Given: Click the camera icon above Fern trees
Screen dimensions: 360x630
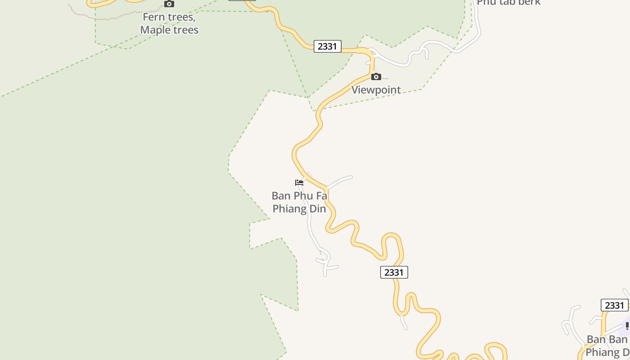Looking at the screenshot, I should click(169, 4).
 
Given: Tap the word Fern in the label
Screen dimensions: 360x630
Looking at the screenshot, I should click(154, 18).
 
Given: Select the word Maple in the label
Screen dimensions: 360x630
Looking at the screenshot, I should click(155, 30).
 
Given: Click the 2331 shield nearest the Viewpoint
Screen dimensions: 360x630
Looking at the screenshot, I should click(327, 46).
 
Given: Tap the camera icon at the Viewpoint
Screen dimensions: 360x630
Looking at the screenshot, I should click(376, 76).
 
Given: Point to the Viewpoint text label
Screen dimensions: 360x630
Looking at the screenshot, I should click(376, 90).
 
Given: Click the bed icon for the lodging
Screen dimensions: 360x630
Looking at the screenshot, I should click(299, 182).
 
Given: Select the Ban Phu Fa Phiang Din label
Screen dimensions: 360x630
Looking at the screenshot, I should click(299, 202).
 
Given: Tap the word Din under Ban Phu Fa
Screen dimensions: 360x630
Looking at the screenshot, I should click(316, 209).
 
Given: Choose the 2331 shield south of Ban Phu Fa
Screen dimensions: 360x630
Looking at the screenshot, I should click(394, 272).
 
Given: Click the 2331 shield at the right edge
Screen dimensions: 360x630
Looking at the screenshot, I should click(614, 305).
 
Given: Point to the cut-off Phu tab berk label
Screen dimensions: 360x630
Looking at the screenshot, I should click(508, 3).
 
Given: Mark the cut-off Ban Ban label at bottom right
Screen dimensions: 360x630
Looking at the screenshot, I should click(607, 345).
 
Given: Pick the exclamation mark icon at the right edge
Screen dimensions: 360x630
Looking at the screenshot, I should click(627, 325).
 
